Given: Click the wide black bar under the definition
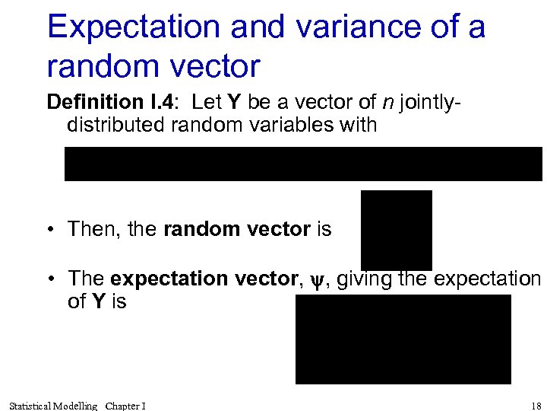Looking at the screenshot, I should click(303, 164).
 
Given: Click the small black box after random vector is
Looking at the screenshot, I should click(396, 230).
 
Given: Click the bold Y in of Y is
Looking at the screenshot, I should click(98, 302).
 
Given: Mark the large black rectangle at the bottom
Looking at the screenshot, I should click(403, 339).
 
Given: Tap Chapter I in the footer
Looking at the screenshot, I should click(126, 406).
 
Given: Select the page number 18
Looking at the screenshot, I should click(535, 405).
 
